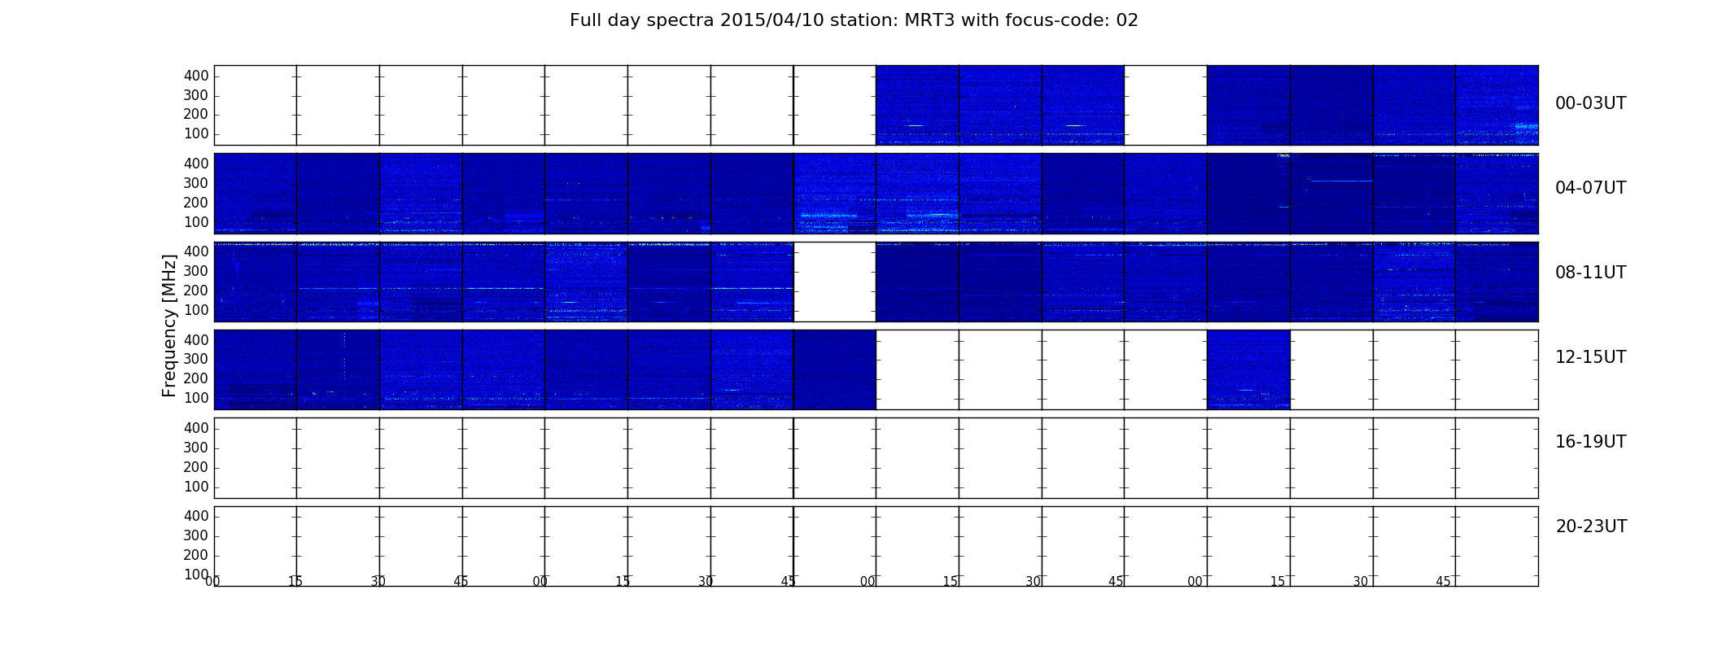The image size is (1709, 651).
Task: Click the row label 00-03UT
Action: point(1590,103)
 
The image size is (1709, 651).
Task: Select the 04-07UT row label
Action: point(1590,188)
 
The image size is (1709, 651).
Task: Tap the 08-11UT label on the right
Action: point(1590,273)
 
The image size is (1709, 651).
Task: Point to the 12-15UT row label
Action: point(1590,357)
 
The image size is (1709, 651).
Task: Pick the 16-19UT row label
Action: point(1590,442)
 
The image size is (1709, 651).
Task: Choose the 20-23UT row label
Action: point(1591,526)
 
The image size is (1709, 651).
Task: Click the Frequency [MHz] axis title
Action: point(169,325)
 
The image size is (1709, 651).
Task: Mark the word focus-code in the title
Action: point(1036,20)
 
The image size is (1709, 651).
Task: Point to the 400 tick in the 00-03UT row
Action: point(196,76)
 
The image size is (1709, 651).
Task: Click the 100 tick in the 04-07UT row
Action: point(196,222)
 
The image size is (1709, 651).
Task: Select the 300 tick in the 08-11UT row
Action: point(196,271)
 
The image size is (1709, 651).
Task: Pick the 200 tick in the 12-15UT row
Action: point(196,378)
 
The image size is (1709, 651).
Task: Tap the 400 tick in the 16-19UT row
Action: point(196,428)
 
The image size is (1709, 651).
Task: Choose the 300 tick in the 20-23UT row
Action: point(196,535)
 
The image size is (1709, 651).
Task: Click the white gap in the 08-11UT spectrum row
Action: point(835,282)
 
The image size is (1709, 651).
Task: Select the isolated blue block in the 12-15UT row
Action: point(1248,369)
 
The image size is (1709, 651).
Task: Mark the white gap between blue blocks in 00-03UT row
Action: point(1165,105)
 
